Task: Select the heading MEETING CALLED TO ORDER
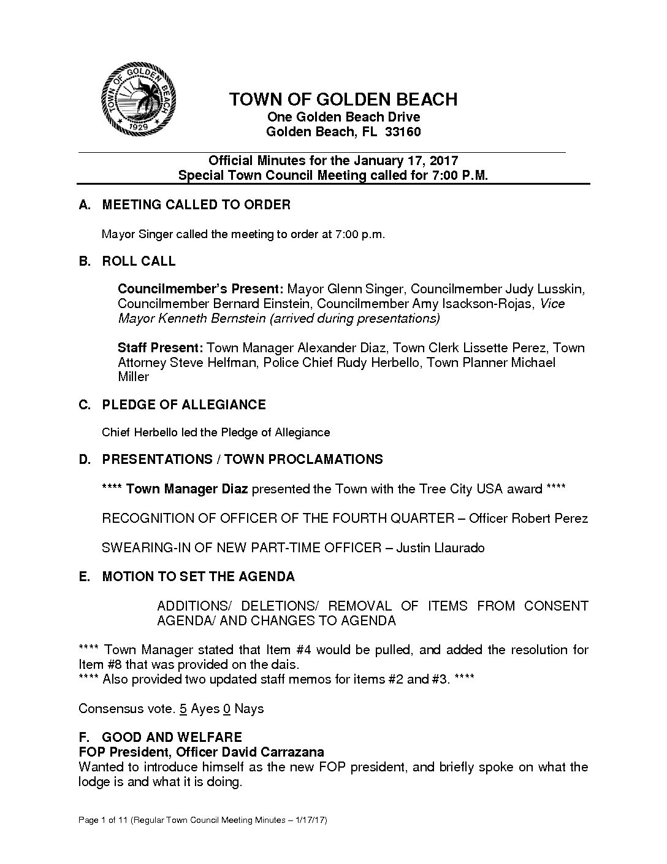point(196,205)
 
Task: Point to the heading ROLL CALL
point(139,261)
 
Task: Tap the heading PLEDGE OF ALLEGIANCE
point(183,405)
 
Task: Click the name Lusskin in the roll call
point(560,289)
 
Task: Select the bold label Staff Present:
point(161,348)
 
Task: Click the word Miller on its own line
point(133,377)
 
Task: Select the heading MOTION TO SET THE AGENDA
point(198,577)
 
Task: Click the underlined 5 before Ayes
point(183,709)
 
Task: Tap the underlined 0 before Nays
point(226,709)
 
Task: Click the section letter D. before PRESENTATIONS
point(85,460)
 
